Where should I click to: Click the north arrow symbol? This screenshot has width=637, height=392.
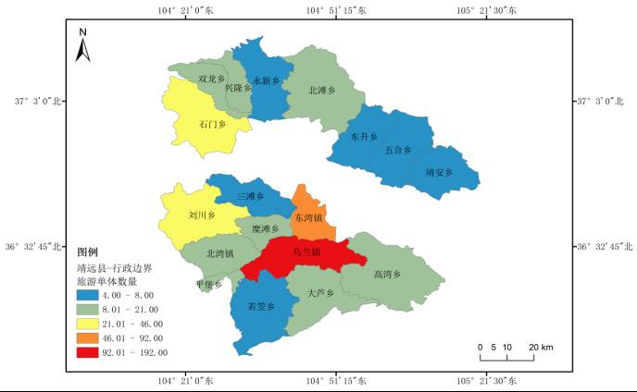pos(83,45)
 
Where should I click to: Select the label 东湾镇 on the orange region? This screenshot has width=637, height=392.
pos(307,218)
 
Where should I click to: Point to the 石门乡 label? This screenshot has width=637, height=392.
pos(212,124)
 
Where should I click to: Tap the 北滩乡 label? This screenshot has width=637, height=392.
pos(320,91)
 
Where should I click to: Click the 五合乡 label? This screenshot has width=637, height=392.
pos(398,150)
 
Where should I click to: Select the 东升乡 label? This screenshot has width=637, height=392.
pos(365,137)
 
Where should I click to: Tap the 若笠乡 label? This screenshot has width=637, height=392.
pos(262,306)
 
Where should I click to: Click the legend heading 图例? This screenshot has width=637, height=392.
pos(87,252)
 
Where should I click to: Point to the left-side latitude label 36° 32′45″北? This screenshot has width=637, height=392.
pos(33,247)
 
